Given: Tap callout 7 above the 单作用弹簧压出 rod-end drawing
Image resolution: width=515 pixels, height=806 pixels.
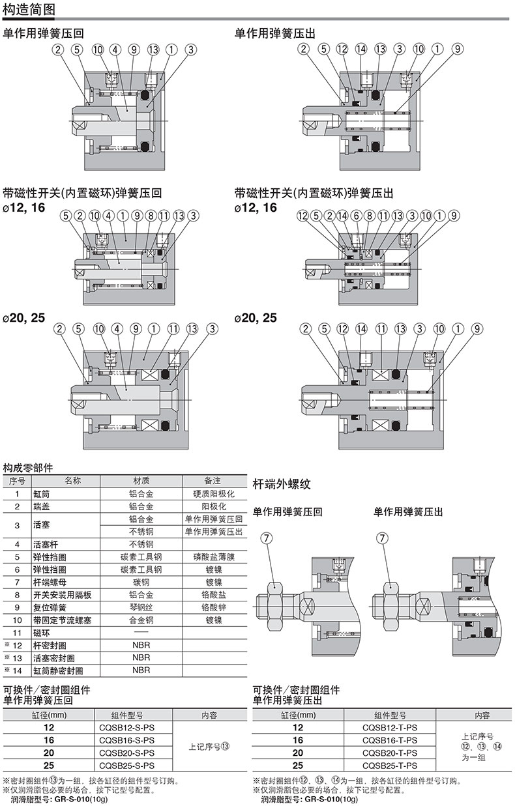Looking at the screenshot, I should tap(383, 538).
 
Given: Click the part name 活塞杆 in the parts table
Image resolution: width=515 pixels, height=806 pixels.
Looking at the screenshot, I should tap(46, 544).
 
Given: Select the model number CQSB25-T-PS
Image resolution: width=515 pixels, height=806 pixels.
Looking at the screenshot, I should tap(390, 766).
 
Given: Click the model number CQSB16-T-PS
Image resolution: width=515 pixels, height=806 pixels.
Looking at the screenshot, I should tap(390, 740).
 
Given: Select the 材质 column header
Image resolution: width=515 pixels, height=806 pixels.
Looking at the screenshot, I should tap(141, 481).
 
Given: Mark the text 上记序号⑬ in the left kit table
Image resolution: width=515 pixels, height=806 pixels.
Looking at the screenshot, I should tap(209, 747).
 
